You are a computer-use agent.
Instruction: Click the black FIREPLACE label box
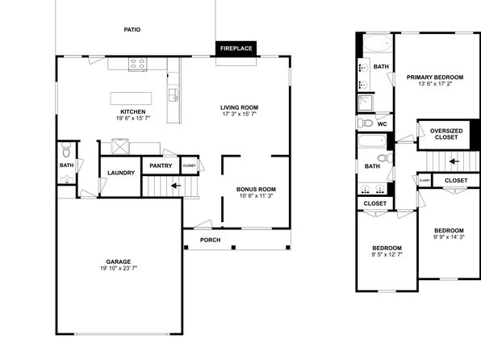(236, 48)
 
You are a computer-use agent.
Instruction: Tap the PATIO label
(132, 30)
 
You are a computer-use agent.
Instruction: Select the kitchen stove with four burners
(138, 64)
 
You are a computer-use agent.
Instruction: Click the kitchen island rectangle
(131, 98)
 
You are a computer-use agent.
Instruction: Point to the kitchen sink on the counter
(174, 94)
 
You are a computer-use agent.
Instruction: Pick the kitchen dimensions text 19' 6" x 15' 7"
(133, 118)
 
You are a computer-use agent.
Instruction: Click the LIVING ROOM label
(239, 107)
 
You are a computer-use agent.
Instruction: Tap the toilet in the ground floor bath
(66, 149)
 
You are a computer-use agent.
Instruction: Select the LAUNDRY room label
(121, 173)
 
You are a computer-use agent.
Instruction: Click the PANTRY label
(161, 165)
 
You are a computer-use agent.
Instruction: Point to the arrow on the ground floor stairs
(176, 186)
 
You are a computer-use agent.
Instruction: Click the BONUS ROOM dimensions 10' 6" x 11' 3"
(256, 195)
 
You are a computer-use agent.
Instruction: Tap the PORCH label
(210, 240)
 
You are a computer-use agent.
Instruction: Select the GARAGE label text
(119, 262)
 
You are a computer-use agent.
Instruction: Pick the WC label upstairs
(383, 124)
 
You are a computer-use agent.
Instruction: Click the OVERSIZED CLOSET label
(446, 134)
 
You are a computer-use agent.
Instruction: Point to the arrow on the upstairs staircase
(454, 161)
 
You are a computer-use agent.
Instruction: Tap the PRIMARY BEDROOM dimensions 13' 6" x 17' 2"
(435, 83)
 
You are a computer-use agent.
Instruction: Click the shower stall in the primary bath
(366, 103)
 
